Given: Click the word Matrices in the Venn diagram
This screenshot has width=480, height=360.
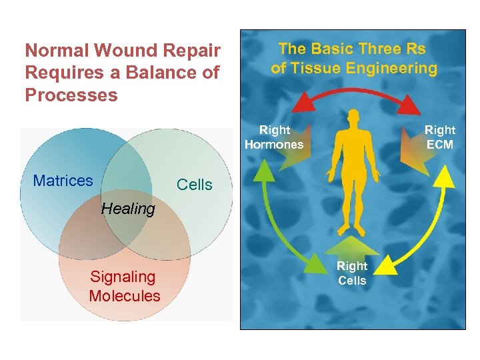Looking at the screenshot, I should coord(63,181).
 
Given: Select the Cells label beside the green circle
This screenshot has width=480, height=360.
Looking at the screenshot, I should coord(194,185).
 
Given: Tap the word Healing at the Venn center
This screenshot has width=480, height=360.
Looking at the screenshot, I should coord(127,209).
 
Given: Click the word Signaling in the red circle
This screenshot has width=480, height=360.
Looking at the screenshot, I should coord(123,277).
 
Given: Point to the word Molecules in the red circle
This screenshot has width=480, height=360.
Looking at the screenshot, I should coord(125,296).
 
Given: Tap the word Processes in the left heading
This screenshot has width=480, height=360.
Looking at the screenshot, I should coord(71,95).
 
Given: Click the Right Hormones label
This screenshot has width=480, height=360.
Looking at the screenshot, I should coord(274,137).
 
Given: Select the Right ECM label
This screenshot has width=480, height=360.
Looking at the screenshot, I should coord(439,137).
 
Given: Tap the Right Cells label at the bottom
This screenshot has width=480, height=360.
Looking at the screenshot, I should coord(352,273).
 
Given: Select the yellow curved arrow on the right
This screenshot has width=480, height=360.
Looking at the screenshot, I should coord(434,223).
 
